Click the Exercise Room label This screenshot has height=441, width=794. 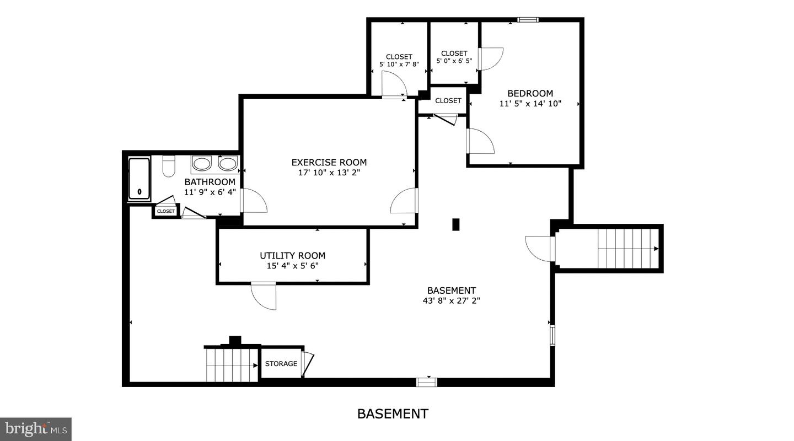point(329,162)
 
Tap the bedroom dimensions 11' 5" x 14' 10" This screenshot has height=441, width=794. point(530,103)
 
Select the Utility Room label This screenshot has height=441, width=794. point(292,256)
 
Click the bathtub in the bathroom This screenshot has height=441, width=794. point(139,179)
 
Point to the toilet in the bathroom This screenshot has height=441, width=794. point(169,166)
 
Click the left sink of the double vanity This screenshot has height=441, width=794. point(202,164)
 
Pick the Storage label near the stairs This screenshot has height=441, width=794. point(281,364)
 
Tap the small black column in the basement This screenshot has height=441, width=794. point(455,224)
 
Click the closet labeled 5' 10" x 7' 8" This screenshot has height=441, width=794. point(399,57)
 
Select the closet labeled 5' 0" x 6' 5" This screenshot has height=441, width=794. point(454,53)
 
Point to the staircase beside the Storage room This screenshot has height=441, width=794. point(231,364)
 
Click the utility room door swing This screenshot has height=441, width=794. point(264,296)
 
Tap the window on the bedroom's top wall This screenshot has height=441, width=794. point(528,20)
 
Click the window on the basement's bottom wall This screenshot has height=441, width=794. point(426,381)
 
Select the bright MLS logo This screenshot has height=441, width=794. point(36,428)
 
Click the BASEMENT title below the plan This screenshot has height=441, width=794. point(393,413)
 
